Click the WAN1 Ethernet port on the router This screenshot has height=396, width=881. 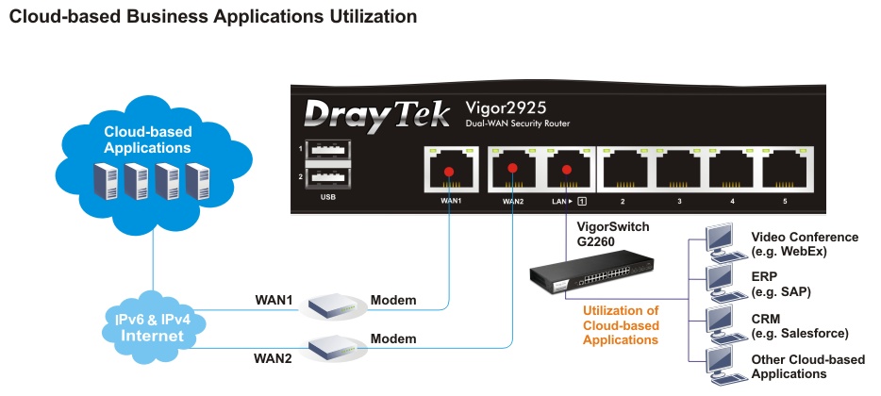(449, 172)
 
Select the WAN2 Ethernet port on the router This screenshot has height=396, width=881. (512, 172)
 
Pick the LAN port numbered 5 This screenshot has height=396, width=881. (789, 172)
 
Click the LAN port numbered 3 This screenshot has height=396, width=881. (679, 172)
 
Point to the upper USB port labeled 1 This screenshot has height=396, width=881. (327, 151)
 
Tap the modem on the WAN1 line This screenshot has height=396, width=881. (331, 304)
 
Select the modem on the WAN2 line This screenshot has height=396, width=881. (331, 347)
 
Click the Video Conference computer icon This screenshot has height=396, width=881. (721, 242)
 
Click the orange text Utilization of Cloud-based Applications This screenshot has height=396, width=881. (620, 324)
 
